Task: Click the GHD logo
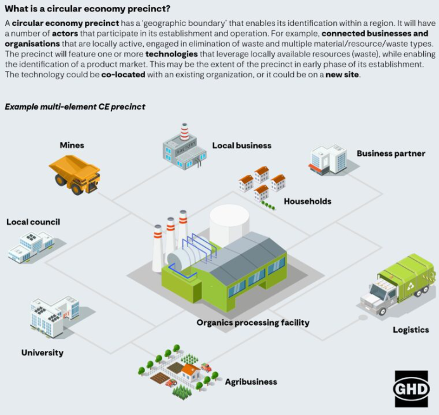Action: pyautogui.click(x=411, y=388)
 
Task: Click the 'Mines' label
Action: pyautogui.click(x=72, y=145)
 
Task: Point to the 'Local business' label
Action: pyautogui.click(x=241, y=145)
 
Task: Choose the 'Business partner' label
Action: pyautogui.click(x=390, y=153)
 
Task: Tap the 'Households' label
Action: pyautogui.click(x=307, y=201)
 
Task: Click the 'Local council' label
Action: pyautogui.click(x=33, y=222)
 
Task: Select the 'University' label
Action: pyautogui.click(x=42, y=352)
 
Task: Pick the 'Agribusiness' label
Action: pyautogui.click(x=251, y=382)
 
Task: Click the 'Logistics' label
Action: pyautogui.click(x=410, y=329)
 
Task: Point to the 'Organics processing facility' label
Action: pyautogui.click(x=253, y=322)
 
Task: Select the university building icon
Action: pyautogui.click(x=54, y=316)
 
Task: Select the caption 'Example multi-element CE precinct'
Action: pyautogui.click(x=75, y=106)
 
